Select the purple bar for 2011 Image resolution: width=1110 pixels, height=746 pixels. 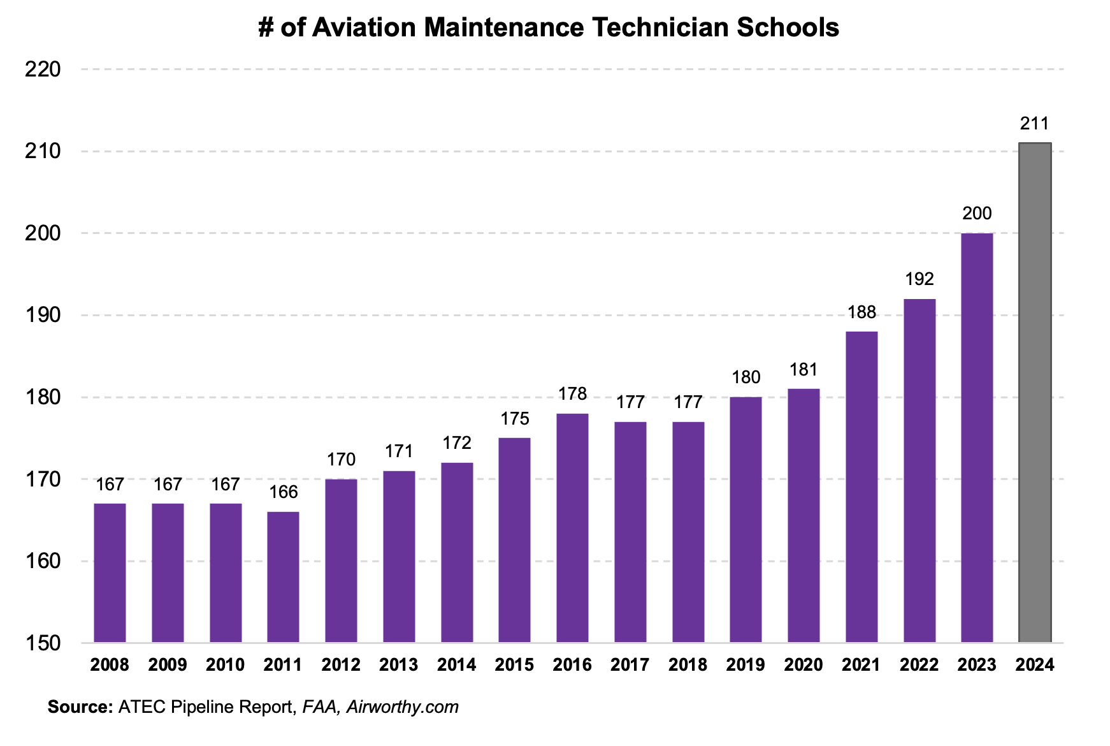pos(283,576)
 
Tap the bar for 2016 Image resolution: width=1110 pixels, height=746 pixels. pos(572,527)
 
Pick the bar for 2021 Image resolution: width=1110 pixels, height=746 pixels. pos(861,486)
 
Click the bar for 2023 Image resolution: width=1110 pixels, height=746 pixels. pos(977,437)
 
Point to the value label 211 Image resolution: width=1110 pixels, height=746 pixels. pos(1034,124)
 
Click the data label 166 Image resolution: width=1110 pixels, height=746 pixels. pos(283,492)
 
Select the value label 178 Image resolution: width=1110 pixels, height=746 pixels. pos(572,394)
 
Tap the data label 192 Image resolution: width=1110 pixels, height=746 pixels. pos(919,279)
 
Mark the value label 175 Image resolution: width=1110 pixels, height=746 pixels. pos(514,419)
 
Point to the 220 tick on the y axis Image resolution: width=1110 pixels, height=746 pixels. pos(43,69)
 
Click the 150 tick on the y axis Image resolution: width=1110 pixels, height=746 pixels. pos(43,643)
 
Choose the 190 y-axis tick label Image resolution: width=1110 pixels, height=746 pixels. pos(43,316)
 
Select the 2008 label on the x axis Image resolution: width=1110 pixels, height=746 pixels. pos(110,665)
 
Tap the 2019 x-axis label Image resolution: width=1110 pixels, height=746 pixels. pos(746,665)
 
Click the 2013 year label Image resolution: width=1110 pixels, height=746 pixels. pos(398,665)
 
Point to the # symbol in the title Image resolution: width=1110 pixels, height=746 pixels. pos(266,27)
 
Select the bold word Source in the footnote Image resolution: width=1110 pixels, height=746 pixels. pos(80,707)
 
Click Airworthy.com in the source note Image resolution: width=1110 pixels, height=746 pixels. pos(402,707)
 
